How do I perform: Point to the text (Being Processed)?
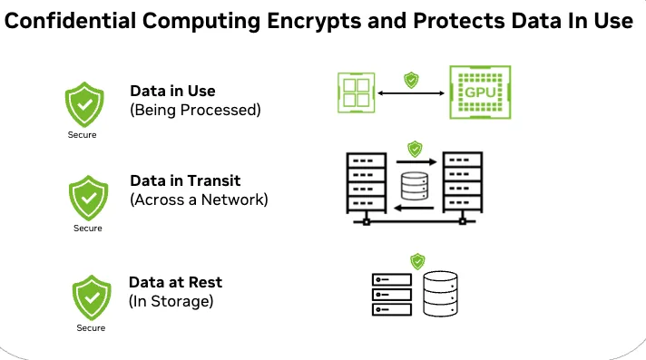195,111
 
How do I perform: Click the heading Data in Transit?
187,180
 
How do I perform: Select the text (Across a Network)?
200,199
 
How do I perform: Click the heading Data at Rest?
176,282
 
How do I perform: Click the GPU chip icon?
475,93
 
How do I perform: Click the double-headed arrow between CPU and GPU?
411,92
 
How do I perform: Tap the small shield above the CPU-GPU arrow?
411,79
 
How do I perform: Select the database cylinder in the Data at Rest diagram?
442,293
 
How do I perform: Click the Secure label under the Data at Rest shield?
90,327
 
